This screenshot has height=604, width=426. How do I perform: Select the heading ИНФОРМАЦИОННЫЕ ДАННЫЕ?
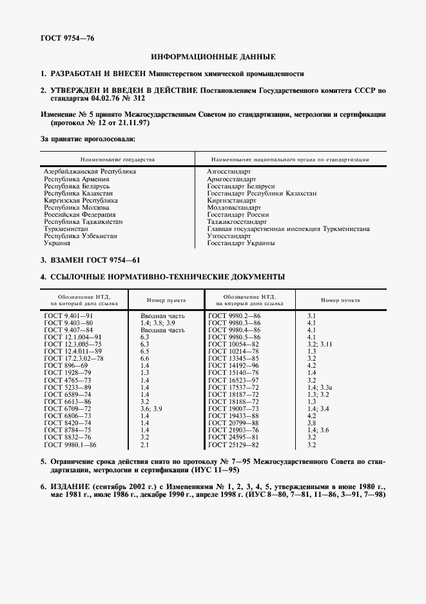click(x=213, y=57)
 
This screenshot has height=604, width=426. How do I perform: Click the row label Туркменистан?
click(x=66, y=229)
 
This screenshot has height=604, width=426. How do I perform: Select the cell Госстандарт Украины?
click(x=241, y=243)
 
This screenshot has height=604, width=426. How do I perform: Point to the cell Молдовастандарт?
click(x=234, y=208)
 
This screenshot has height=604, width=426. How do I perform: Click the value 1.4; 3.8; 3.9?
click(x=158, y=322)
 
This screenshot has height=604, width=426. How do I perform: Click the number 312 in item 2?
click(x=122, y=100)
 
